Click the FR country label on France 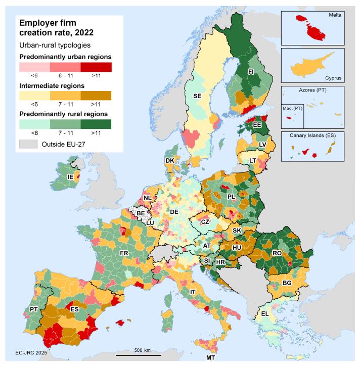click(123, 253)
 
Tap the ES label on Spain click(74, 309)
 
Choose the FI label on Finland click(250, 72)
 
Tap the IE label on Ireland click(71, 177)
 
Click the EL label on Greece click(264, 314)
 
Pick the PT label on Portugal click(34, 309)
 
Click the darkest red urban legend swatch click(96, 67)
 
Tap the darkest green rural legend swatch click(96, 124)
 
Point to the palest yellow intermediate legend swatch click(34, 96)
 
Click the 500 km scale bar click(142, 355)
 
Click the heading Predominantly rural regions click(65, 113)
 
